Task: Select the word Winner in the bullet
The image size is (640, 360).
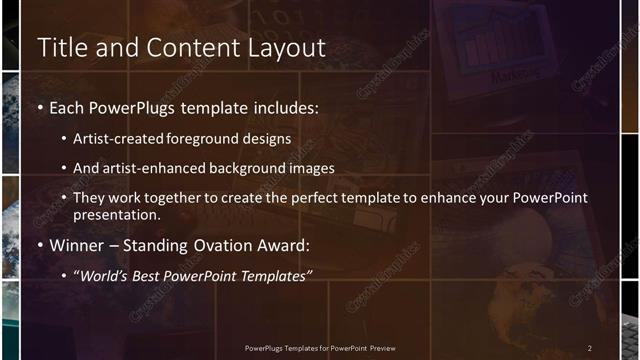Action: pos(75,245)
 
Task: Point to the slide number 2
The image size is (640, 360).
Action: pos(589,347)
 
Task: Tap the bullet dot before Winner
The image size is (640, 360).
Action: pos(40,245)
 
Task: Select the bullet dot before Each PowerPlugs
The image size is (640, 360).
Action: pos(40,107)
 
